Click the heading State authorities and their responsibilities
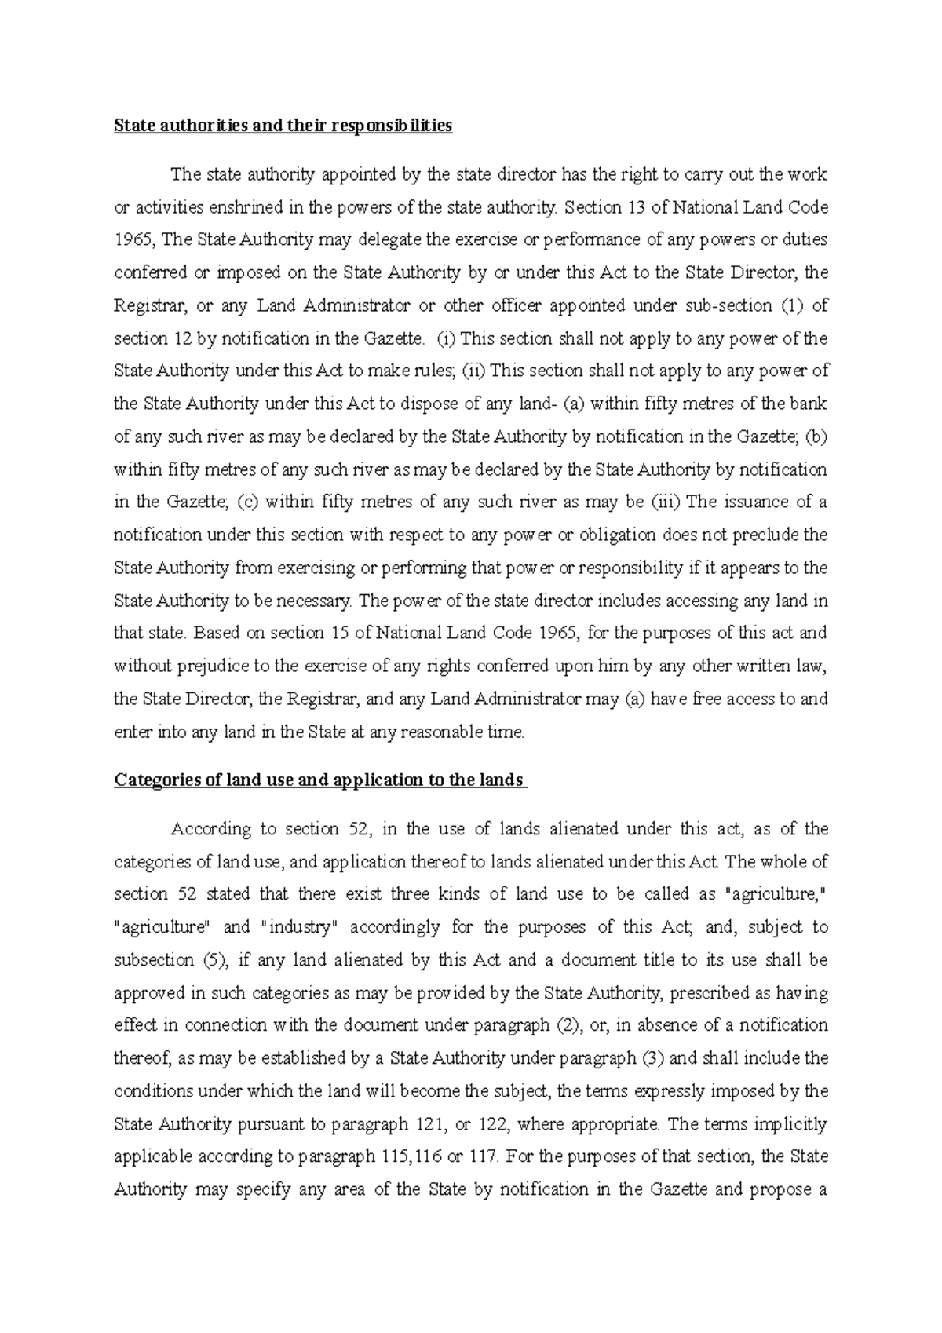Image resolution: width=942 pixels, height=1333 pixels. pyautogui.click(x=283, y=126)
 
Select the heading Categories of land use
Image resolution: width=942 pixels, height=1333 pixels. pyautogui.click(x=319, y=780)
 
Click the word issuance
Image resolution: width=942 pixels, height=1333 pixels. pyautogui.click(x=753, y=502)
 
